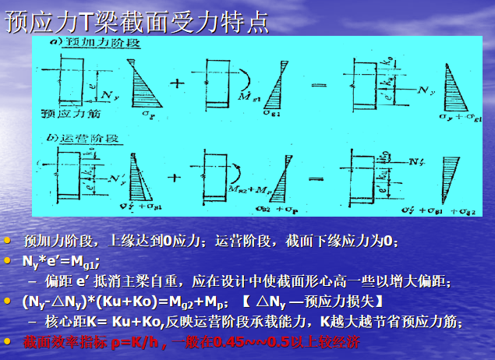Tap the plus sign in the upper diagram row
[x=175, y=81]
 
